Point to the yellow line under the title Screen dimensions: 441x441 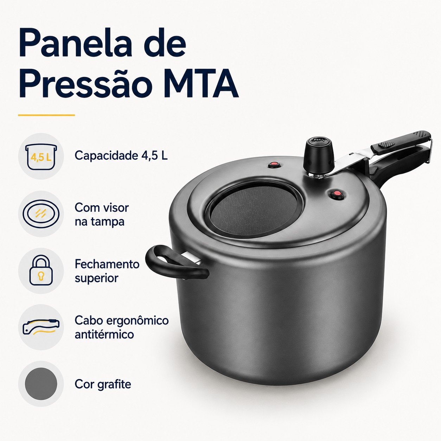point(46,115)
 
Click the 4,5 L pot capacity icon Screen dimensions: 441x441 point(41,156)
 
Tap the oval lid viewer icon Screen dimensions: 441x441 point(41,214)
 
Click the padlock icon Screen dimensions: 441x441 point(41,271)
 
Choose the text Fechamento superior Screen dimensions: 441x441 point(107,271)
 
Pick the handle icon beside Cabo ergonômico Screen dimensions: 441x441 point(41,327)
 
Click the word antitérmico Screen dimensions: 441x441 point(104,334)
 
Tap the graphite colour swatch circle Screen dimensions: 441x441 point(41,384)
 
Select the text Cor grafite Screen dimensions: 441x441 point(103,384)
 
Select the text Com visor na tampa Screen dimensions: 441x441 point(102,215)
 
